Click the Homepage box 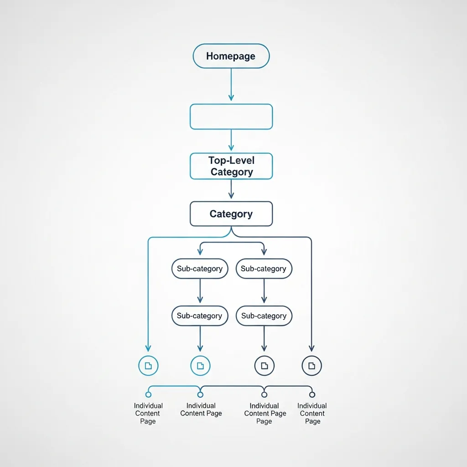pyautogui.click(x=231, y=56)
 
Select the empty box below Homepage pyautogui.click(x=231, y=117)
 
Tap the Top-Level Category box pyautogui.click(x=231, y=166)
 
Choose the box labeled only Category pyautogui.click(x=231, y=214)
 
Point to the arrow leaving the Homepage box pyautogui.click(x=231, y=84)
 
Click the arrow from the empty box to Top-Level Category pyautogui.click(x=231, y=140)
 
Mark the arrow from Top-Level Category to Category pyautogui.click(x=231, y=189)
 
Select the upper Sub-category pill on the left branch pyautogui.click(x=200, y=269)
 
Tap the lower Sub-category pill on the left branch pyautogui.click(x=200, y=316)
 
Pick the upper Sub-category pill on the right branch pyautogui.click(x=264, y=269)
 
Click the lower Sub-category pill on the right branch pyautogui.click(x=264, y=316)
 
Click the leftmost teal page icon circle pyautogui.click(x=148, y=365)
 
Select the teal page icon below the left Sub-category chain pyautogui.click(x=200, y=365)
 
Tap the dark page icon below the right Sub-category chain pyautogui.click(x=264, y=365)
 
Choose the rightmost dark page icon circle pyautogui.click(x=312, y=365)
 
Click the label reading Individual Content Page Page pyautogui.click(x=265, y=413)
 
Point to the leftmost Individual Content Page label pyautogui.click(x=148, y=413)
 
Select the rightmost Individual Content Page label pyautogui.click(x=312, y=413)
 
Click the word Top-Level pyautogui.click(x=231, y=161)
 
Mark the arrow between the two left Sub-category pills pyautogui.click(x=200, y=291)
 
